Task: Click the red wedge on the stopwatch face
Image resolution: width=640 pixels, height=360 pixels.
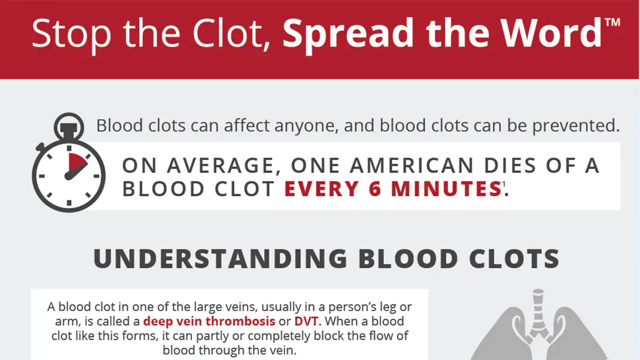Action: pyautogui.click(x=76, y=163)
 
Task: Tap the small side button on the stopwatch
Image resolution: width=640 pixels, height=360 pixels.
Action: pyautogui.click(x=40, y=146)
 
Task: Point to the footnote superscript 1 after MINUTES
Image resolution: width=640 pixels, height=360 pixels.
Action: pyautogui.click(x=503, y=184)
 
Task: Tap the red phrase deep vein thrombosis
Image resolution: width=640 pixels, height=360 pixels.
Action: pyautogui.click(x=209, y=322)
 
